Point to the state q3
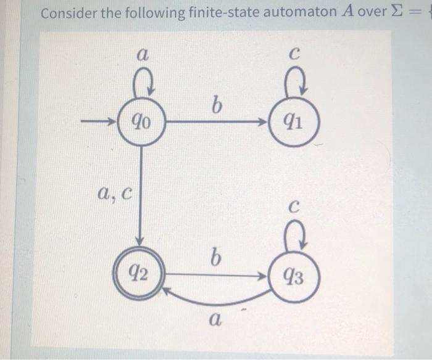[294, 278]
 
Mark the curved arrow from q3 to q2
[216, 301]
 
